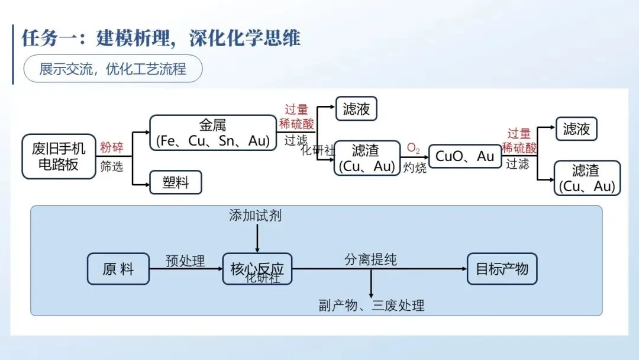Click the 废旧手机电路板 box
59,156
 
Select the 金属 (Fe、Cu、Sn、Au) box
212,133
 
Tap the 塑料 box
176,182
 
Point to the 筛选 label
112,166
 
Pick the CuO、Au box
464,156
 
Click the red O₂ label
414,147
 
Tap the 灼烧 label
415,168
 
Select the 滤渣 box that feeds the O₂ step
365,158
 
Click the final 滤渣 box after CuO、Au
587,178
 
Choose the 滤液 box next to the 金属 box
356,109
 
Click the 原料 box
118,269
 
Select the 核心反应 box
257,269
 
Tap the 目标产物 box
502,269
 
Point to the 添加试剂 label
256,216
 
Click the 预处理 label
185,261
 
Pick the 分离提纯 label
371,259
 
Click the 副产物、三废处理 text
372,306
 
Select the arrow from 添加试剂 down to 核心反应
257,238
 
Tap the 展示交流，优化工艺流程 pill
113,69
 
